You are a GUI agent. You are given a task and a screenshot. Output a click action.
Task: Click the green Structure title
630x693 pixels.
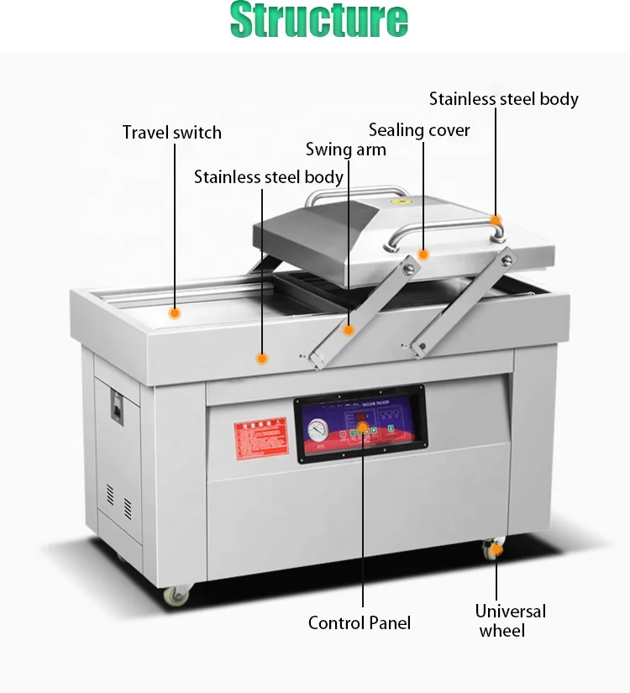(318, 21)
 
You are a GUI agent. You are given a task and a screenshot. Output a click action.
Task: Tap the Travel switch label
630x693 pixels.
(172, 133)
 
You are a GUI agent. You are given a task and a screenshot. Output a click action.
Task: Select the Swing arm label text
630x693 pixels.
(345, 150)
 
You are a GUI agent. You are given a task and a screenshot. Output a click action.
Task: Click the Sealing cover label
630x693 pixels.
(419, 130)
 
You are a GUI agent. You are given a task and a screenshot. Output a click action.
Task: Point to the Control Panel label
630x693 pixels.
(360, 622)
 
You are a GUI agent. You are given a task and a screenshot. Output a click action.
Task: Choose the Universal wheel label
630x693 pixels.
(511, 621)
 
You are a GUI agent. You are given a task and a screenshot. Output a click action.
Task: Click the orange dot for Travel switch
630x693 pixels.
(175, 313)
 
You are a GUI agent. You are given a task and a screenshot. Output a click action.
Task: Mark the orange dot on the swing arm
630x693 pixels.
(349, 330)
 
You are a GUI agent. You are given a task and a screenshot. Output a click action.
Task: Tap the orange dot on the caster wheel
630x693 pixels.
(496, 549)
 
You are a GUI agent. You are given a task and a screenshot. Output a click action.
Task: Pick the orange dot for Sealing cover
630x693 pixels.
(423, 254)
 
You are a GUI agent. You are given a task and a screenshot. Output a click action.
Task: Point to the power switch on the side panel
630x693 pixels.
(117, 408)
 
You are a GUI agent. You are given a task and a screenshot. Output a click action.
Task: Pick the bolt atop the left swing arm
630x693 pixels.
(411, 266)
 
